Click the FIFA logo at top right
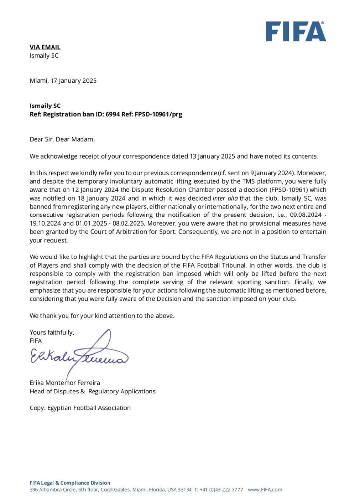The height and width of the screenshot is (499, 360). click(x=296, y=31)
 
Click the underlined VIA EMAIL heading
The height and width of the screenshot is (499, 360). click(x=45, y=47)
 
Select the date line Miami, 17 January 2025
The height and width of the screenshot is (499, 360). click(x=63, y=81)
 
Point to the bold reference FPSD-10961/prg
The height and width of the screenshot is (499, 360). click(x=158, y=114)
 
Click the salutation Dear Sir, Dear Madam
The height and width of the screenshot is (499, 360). click(x=62, y=139)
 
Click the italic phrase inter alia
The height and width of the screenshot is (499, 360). click(x=225, y=198)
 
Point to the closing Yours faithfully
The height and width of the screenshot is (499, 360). click(x=52, y=333)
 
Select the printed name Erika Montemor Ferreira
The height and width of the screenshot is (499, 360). click(x=65, y=383)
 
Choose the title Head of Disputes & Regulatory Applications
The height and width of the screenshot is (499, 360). click(x=93, y=391)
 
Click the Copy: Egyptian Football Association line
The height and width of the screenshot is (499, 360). click(x=80, y=408)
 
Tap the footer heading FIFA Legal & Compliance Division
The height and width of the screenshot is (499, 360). click(x=70, y=483)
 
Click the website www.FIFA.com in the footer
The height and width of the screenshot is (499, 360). click(x=265, y=490)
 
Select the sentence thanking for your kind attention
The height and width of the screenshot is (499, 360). click(x=102, y=316)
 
